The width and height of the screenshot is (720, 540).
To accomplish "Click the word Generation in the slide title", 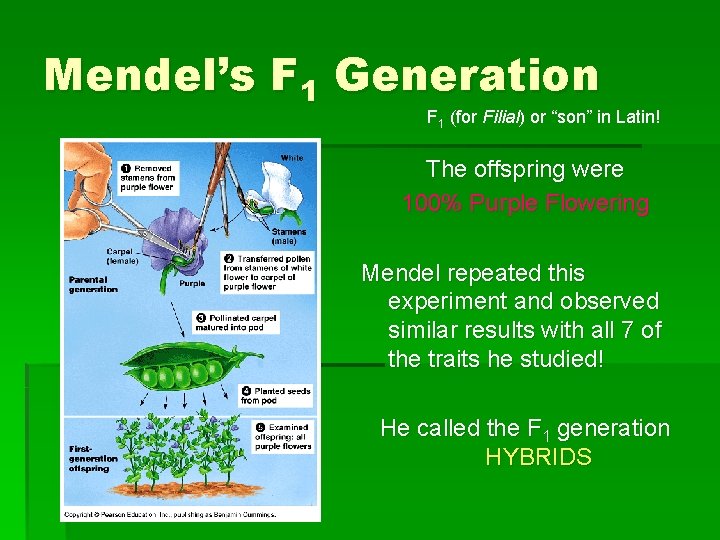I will [x=466, y=76].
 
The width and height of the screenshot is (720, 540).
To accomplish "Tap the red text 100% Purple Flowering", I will [x=525, y=204].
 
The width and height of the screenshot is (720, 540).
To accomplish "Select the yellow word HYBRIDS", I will [x=538, y=458].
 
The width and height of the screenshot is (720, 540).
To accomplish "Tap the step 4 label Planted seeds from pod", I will [x=276, y=396].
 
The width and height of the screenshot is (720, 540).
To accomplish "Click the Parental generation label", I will [x=93, y=284].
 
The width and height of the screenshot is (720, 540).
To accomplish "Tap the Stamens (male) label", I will [x=289, y=236].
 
